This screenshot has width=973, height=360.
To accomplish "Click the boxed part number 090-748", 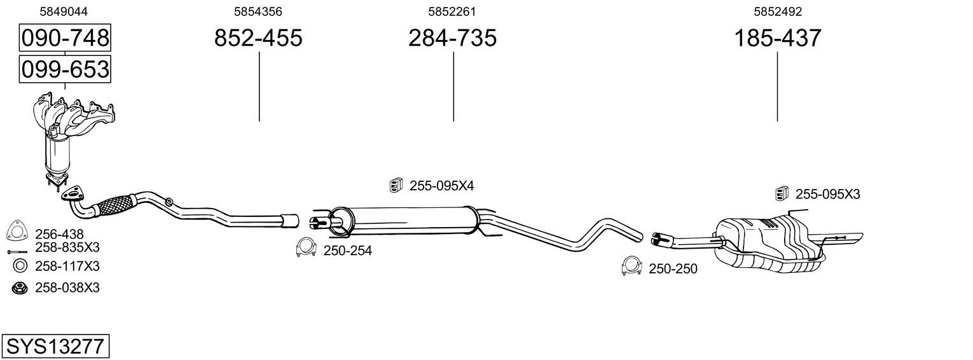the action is [65, 38].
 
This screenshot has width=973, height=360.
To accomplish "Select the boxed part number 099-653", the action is [65, 69].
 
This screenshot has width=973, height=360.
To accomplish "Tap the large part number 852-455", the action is [258, 38].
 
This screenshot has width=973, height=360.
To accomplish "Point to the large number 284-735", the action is [452, 38].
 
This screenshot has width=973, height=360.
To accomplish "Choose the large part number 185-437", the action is [778, 38].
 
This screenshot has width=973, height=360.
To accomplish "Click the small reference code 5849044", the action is [64, 11].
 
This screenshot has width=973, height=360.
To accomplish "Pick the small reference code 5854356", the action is [258, 11].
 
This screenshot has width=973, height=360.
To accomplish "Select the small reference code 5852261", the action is [452, 11].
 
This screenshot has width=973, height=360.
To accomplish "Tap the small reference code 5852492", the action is [778, 11].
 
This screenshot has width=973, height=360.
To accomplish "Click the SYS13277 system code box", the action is [55, 347].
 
